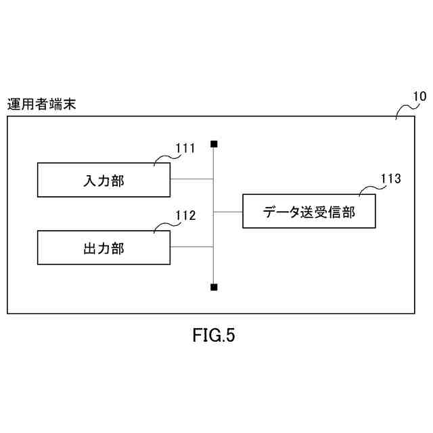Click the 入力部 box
[104, 180]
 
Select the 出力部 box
[104, 248]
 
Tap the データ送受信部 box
[309, 211]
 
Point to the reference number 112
[185, 216]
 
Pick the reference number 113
[390, 179]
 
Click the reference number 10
[419, 95]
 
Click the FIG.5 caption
[214, 336]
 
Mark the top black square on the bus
[214, 143]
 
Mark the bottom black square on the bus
[214, 287]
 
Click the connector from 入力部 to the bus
[192, 179]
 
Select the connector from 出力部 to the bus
[192, 247]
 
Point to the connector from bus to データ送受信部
[228, 211]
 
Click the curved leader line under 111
[164, 158]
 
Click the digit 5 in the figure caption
[230, 336]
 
